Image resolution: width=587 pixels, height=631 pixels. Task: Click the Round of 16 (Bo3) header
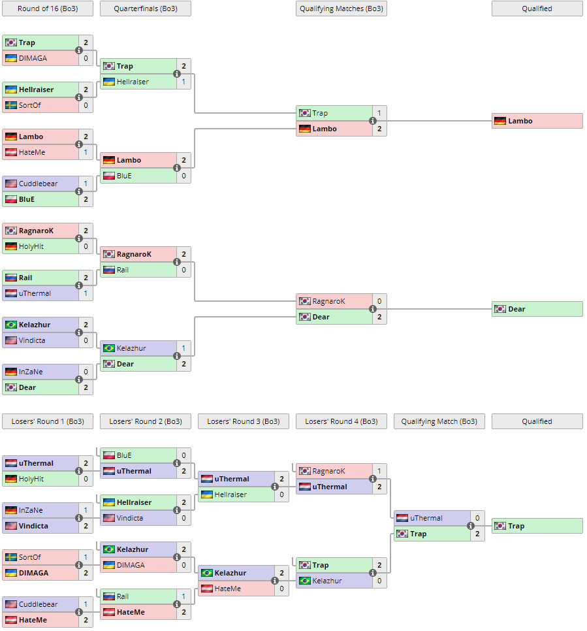tap(48, 8)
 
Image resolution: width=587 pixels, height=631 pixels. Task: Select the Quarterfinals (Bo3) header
tap(146, 8)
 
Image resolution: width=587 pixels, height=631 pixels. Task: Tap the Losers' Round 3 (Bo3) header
tap(244, 421)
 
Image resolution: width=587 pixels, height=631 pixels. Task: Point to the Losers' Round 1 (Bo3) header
tap(48, 421)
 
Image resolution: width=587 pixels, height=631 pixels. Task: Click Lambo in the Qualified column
tap(537, 121)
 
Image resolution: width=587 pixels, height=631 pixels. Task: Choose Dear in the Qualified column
tap(537, 309)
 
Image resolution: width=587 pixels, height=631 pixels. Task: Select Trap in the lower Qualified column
tap(537, 526)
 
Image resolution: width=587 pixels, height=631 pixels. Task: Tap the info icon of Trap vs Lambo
tap(373, 121)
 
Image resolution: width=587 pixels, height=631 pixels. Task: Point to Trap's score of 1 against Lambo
tap(379, 113)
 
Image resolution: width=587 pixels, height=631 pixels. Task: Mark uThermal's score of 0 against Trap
tap(477, 518)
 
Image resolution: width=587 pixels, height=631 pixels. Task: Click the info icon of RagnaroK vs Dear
tap(373, 309)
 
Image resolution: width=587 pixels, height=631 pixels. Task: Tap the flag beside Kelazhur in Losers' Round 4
tap(304, 581)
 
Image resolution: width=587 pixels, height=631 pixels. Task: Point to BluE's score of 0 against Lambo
tap(183, 176)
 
